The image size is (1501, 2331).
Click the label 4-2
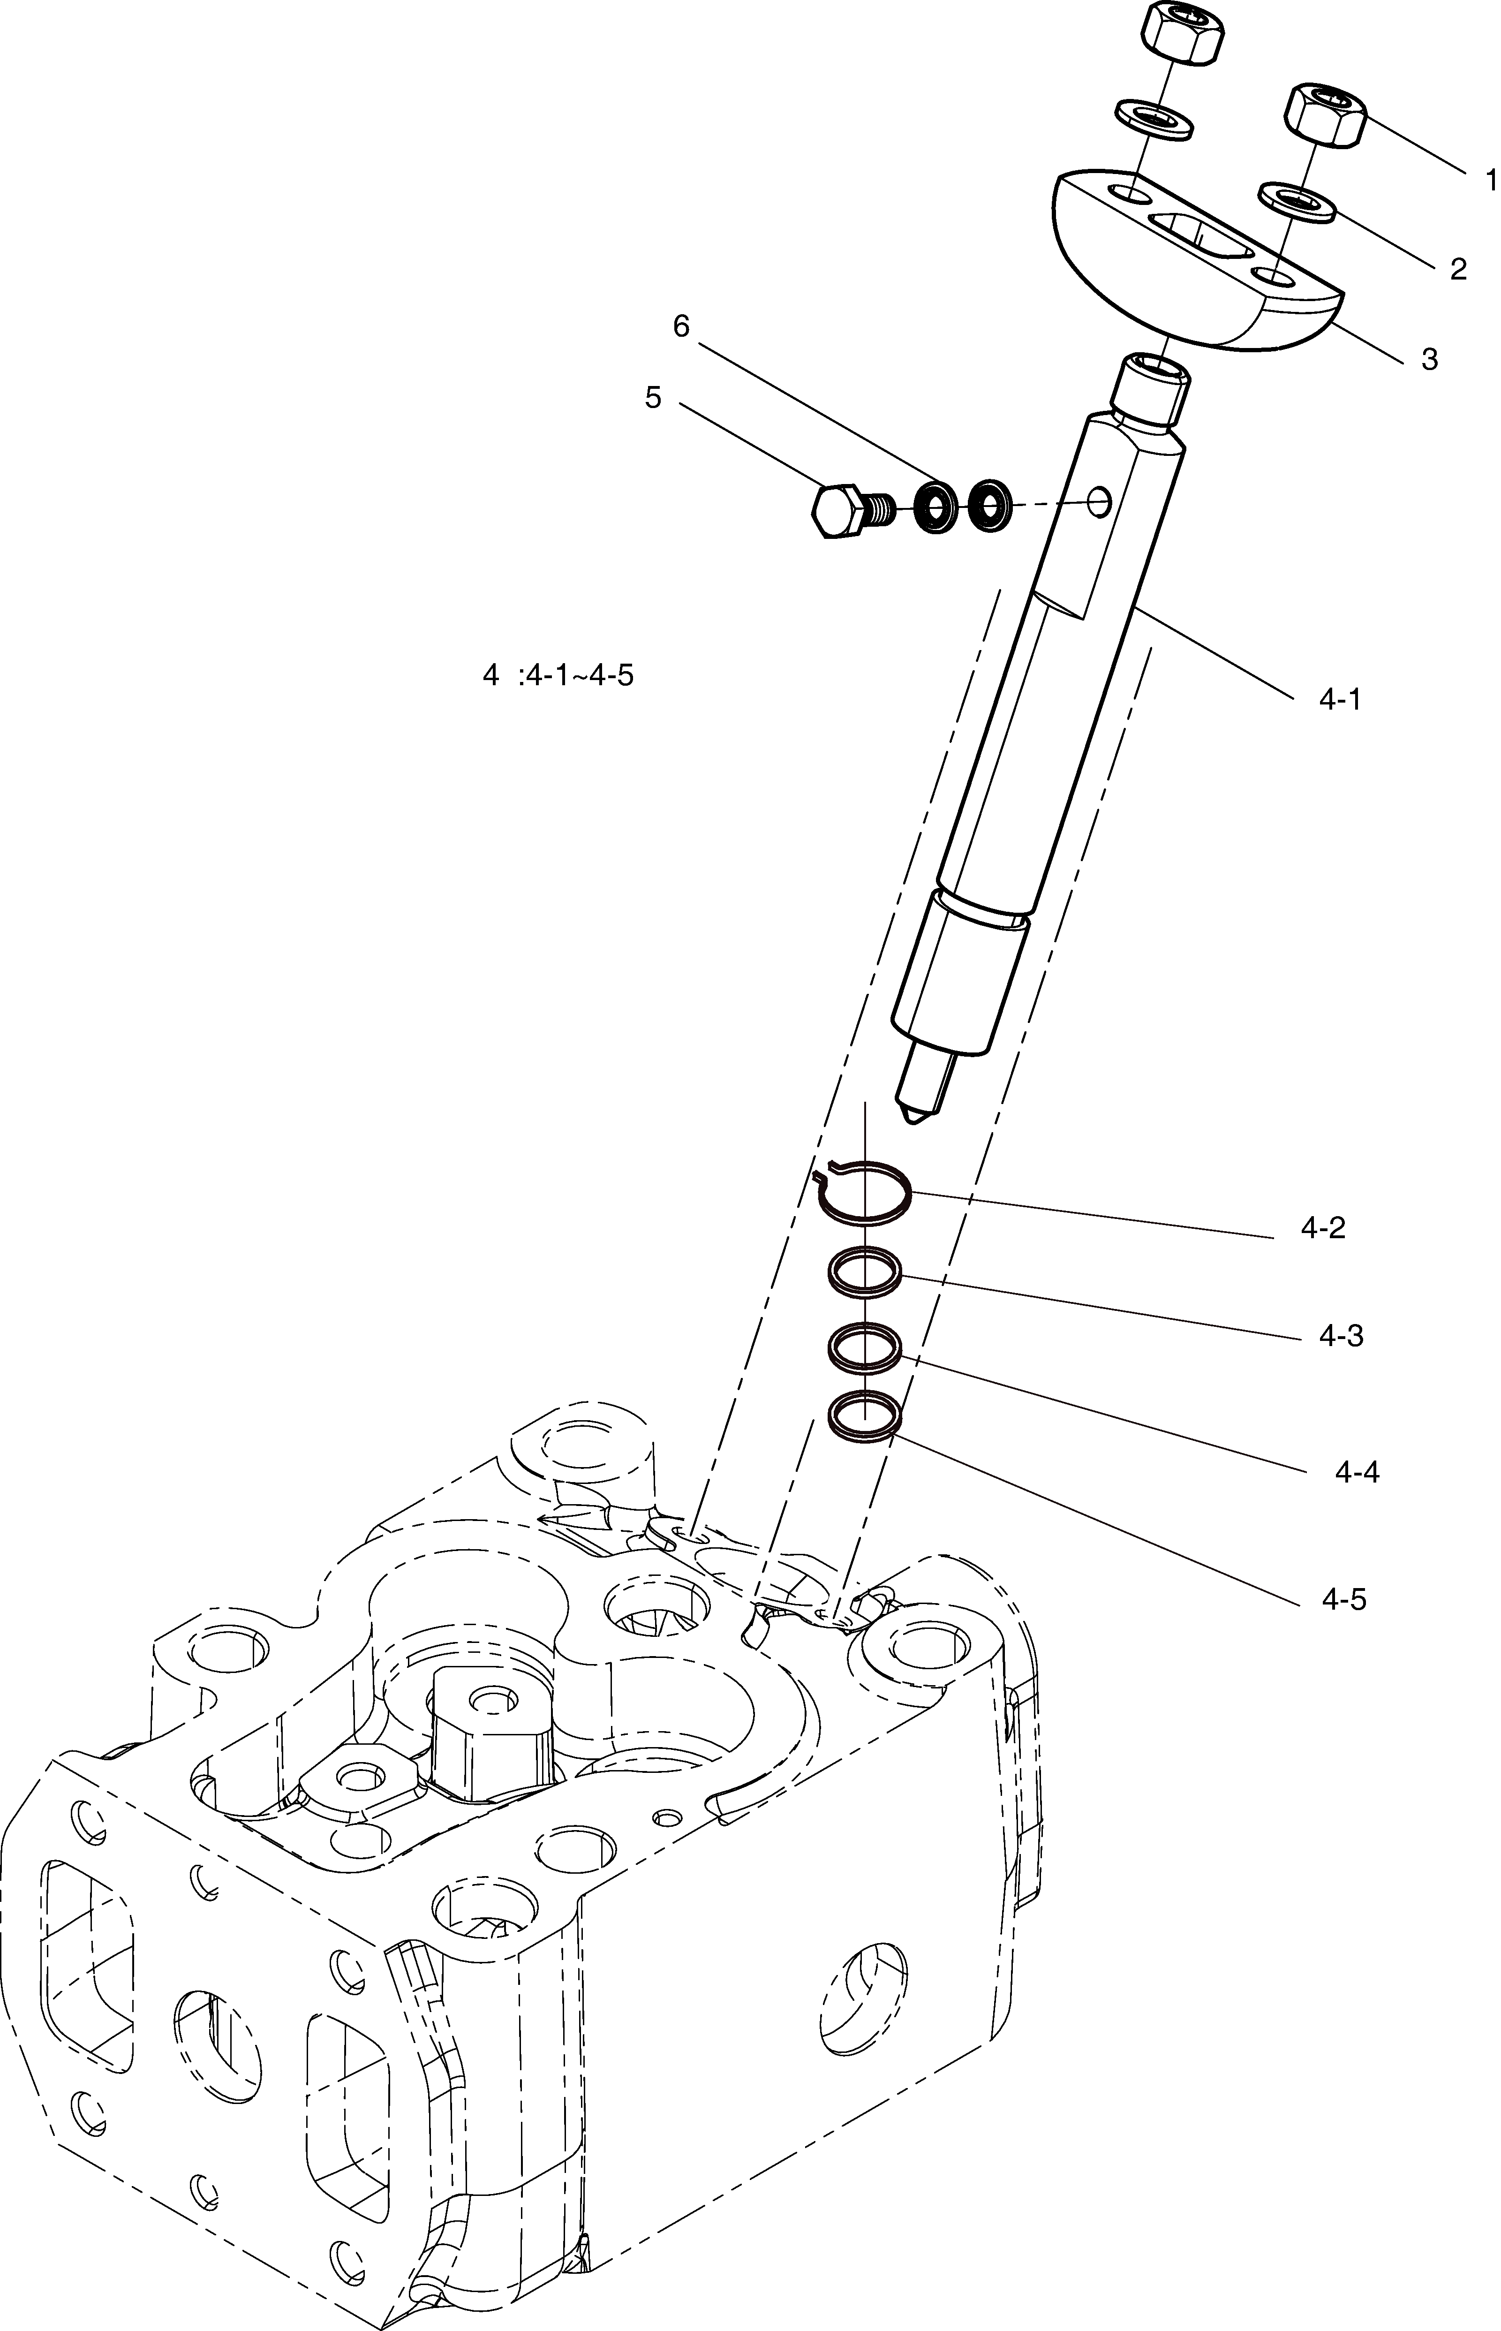point(1323,1227)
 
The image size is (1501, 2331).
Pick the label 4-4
point(1358,1472)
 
